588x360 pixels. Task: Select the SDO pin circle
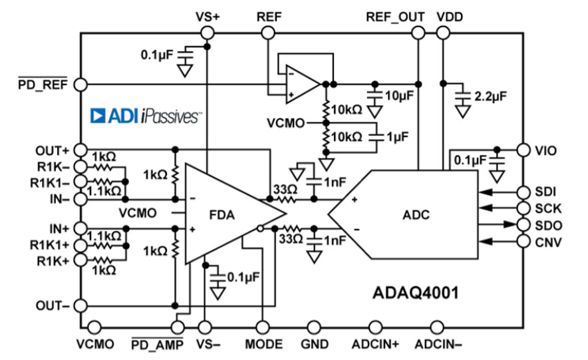[x=523, y=224]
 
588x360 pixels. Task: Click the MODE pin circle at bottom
[x=263, y=327]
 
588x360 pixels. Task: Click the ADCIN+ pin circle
[x=375, y=327]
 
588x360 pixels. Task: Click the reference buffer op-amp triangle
[x=303, y=84]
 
